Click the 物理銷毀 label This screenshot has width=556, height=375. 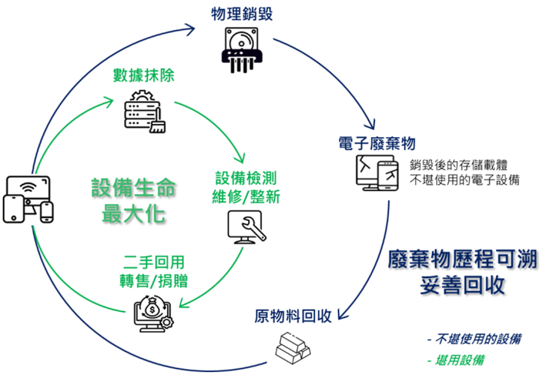click(x=242, y=14)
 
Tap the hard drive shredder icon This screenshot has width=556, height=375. click(x=242, y=50)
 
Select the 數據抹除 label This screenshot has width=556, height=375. click(x=144, y=75)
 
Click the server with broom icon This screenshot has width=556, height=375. click(x=145, y=111)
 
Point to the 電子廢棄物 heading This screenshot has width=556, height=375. click(x=376, y=143)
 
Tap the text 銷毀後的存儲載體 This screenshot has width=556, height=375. click(x=459, y=165)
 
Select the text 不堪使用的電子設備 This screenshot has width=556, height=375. click(x=464, y=180)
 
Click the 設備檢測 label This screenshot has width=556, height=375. click(x=246, y=178)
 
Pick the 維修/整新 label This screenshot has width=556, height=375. click(x=246, y=197)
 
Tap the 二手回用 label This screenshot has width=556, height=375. click(x=154, y=262)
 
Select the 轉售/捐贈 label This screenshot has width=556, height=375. click(x=153, y=281)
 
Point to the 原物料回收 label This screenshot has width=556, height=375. click(x=293, y=316)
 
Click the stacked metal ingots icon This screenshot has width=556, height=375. click(x=293, y=348)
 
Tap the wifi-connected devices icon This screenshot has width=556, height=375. click(x=28, y=199)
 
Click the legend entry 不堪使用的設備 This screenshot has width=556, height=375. click(x=474, y=339)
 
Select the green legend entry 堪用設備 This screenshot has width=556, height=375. click(x=456, y=361)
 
